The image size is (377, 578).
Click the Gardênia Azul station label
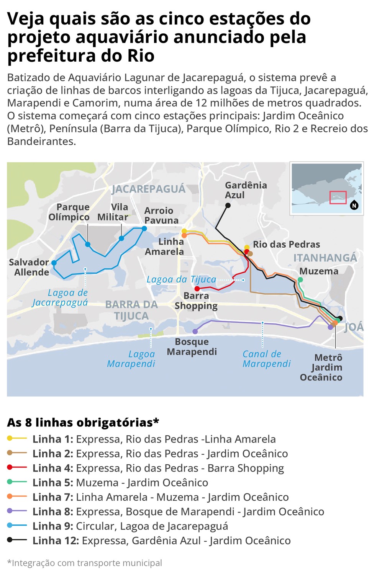tap(246, 190)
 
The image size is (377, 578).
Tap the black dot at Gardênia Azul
tap(228, 206)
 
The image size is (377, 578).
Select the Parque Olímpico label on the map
tap(69, 212)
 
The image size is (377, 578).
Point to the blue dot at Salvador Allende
tap(54, 263)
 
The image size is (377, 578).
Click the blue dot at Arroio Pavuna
tap(144, 229)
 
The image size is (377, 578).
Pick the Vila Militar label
tap(113, 212)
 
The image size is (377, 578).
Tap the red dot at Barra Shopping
tap(197, 289)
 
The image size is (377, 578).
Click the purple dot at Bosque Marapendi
tap(195, 331)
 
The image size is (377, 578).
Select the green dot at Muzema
tap(300, 280)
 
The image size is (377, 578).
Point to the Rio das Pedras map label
tap(286, 245)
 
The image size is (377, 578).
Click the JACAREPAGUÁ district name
tap(148, 189)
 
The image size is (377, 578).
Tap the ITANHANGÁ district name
tap(325, 258)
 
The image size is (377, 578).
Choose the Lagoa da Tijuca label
tap(182, 279)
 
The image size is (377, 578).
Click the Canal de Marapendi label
tap(267, 359)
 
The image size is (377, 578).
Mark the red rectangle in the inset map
tap(338, 198)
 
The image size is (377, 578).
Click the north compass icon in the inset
tap(354, 206)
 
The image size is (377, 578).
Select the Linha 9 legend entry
tap(130, 526)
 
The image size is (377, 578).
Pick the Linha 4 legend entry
tap(158, 468)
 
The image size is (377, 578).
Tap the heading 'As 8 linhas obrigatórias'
tap(83, 423)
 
